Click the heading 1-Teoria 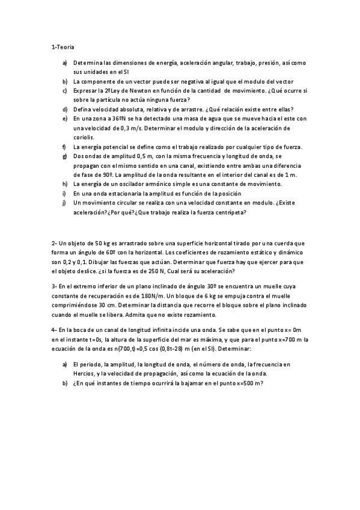(63, 46)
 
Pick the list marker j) (64, 203)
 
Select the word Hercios (85, 374)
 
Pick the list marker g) (64, 156)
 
